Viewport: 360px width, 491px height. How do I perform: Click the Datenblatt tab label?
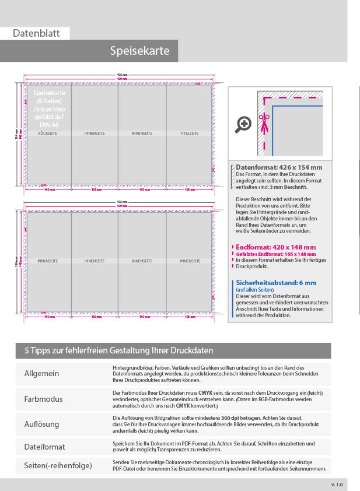click(x=36, y=33)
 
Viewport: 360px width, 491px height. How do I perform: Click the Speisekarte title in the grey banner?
click(x=140, y=51)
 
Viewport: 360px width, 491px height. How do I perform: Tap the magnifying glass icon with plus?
click(x=244, y=124)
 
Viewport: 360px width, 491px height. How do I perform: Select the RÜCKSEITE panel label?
click(x=47, y=134)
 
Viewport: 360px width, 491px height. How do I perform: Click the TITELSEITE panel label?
click(x=190, y=134)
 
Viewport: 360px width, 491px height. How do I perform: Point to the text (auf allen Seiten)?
click(x=255, y=290)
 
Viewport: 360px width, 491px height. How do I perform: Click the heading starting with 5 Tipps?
click(x=118, y=350)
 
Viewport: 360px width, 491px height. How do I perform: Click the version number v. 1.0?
click(x=337, y=484)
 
